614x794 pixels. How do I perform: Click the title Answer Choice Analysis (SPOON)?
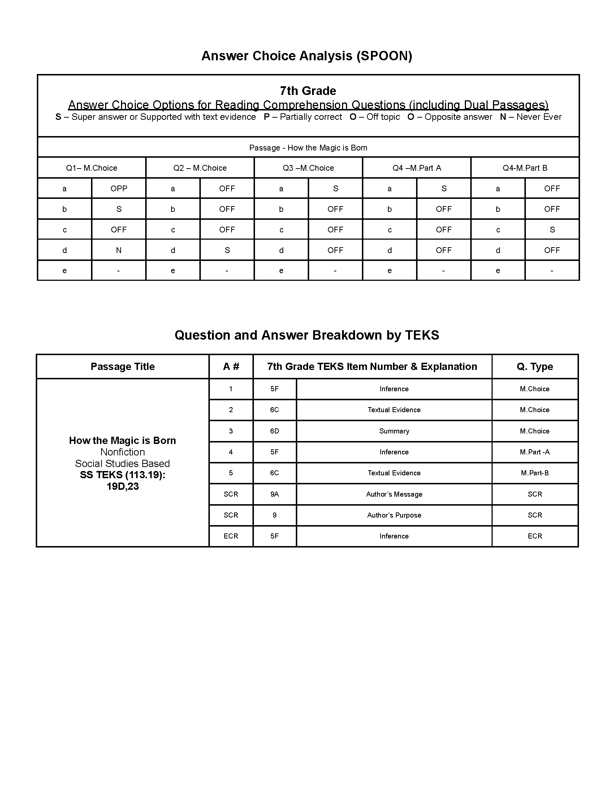[x=307, y=56]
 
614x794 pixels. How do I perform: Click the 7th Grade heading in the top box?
[x=308, y=91]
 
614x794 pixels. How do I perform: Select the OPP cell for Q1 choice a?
[x=118, y=188]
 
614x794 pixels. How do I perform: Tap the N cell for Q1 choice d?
[x=118, y=250]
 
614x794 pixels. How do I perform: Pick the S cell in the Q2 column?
[x=227, y=250]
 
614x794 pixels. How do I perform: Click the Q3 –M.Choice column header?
[x=308, y=168]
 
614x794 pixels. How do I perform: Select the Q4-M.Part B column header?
[x=524, y=168]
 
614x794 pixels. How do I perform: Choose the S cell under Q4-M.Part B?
[x=552, y=230]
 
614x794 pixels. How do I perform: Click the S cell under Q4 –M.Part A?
[x=444, y=188]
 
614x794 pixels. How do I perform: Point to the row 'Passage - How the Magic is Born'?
[x=308, y=148]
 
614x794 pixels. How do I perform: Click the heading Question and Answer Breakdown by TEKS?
[x=307, y=335]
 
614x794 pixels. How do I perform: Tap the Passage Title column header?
[x=122, y=366]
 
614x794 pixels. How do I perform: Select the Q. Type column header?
[x=534, y=366]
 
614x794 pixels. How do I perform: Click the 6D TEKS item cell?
[x=274, y=431]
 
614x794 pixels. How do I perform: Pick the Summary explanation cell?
[x=394, y=431]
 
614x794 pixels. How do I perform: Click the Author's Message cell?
[x=394, y=494]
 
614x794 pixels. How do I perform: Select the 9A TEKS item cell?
[x=274, y=494]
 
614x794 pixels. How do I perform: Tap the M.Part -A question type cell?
[x=534, y=452]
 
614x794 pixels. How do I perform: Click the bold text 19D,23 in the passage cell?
[x=122, y=487]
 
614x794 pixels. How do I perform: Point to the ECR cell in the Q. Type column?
[x=534, y=536]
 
